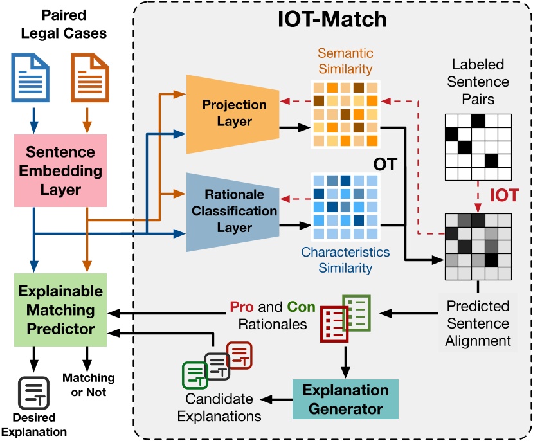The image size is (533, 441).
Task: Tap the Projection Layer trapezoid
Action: pyautogui.click(x=233, y=114)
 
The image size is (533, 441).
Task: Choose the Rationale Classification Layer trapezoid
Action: pyautogui.click(x=233, y=212)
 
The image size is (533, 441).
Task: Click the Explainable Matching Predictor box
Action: pyautogui.click(x=60, y=310)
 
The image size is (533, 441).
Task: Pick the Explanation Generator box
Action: pyautogui.click(x=345, y=399)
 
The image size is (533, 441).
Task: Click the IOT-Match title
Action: pyautogui.click(x=332, y=19)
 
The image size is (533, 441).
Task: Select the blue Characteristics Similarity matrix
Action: pyautogui.click(x=346, y=206)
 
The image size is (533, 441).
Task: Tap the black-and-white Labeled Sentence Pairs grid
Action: pyautogui.click(x=478, y=147)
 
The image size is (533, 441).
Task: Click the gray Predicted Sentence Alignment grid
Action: pyautogui.click(x=478, y=246)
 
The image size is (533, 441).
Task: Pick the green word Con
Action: pyautogui.click(x=301, y=307)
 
